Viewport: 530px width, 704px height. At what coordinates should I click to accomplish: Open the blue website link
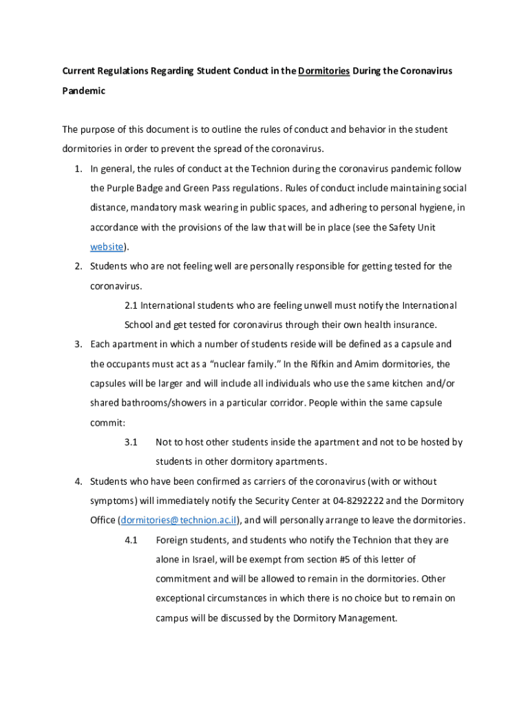click(107, 246)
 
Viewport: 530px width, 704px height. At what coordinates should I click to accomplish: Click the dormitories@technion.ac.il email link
click(179, 520)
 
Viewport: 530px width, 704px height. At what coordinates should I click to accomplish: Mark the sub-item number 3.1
click(131, 441)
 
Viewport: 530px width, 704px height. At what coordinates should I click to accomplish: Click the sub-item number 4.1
click(131, 540)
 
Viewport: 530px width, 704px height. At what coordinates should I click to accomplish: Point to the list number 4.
click(79, 481)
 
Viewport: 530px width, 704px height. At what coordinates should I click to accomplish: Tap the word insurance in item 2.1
click(413, 324)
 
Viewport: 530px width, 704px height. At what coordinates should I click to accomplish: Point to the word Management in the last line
click(366, 618)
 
